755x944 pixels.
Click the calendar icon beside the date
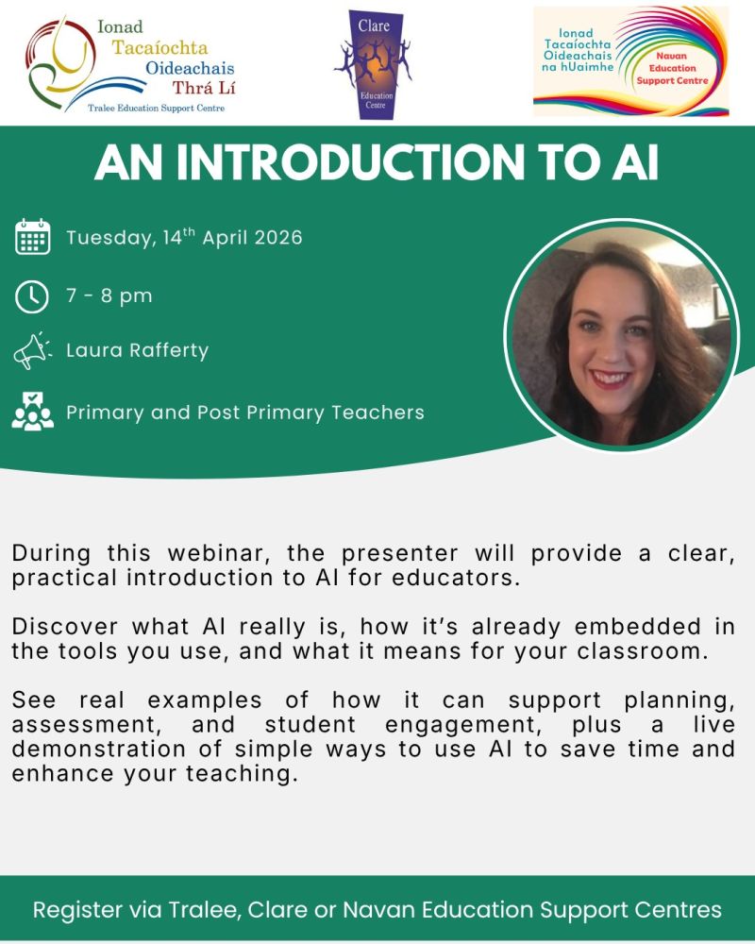[x=32, y=237]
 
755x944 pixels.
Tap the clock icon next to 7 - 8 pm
[x=31, y=296]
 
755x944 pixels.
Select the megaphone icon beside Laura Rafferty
[x=32, y=350]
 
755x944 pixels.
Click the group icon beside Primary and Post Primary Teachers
[x=32, y=412]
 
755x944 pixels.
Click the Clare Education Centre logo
[x=374, y=64]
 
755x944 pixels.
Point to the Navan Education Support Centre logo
[x=631, y=60]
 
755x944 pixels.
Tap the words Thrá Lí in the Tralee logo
[x=204, y=88]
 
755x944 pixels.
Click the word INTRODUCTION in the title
[x=350, y=162]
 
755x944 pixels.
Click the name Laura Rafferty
[x=137, y=350]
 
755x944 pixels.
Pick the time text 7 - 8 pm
[x=109, y=296]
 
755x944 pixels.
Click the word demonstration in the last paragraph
[x=99, y=750]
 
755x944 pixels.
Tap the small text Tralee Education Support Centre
[x=156, y=109]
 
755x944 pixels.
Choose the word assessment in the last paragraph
[x=87, y=725]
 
